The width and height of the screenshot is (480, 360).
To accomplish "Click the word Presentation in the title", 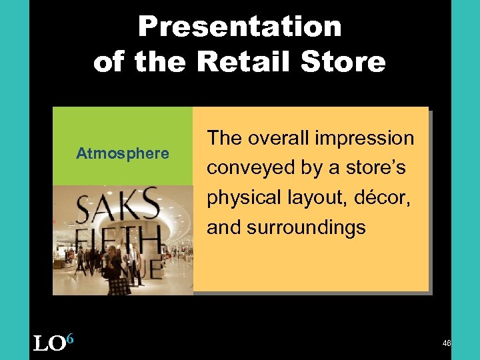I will [x=239, y=27].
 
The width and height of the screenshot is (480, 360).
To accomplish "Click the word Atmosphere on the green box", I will [x=123, y=154].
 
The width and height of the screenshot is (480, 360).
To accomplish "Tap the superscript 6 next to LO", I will [x=69, y=339].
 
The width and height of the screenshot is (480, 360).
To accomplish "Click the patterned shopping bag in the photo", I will [x=119, y=286].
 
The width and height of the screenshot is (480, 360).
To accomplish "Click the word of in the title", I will [x=109, y=63].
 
